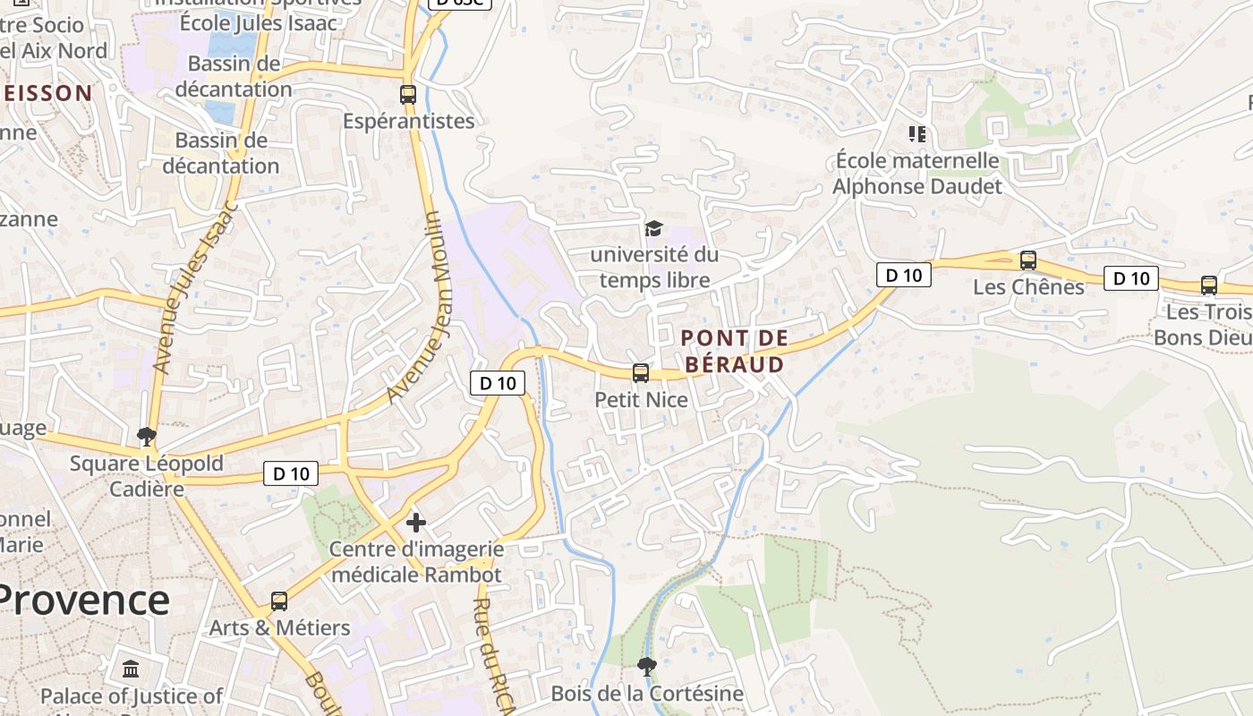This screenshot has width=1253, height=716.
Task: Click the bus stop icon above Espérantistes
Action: pyautogui.click(x=408, y=94)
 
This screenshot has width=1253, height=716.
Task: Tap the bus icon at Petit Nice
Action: pyautogui.click(x=641, y=373)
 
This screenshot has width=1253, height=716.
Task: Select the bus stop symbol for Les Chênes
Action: pyautogui.click(x=1028, y=260)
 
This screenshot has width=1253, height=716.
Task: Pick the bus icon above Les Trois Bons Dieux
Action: pyautogui.click(x=1209, y=286)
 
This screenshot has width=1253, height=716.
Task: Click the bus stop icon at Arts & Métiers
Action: pyautogui.click(x=279, y=601)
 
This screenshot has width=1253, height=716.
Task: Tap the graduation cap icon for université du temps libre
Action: pyautogui.click(x=653, y=229)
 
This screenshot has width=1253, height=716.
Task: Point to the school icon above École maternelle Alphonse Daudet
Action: pyautogui.click(x=916, y=134)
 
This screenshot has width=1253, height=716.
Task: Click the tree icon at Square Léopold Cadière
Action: pyautogui.click(x=147, y=437)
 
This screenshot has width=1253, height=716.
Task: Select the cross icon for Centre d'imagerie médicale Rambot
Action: pyautogui.click(x=416, y=522)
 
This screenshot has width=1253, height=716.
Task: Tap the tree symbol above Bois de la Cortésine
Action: pyautogui.click(x=646, y=666)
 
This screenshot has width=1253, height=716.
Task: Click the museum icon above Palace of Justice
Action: pyautogui.click(x=131, y=669)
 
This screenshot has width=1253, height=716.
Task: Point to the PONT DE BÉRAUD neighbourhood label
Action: pyautogui.click(x=734, y=351)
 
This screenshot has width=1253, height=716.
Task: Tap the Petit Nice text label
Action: pyautogui.click(x=642, y=399)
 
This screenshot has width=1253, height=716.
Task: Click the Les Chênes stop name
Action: pyautogui.click(x=1028, y=287)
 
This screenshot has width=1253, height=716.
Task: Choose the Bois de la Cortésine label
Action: pyautogui.click(x=647, y=694)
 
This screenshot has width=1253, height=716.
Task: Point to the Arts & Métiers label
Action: pyautogui.click(x=279, y=627)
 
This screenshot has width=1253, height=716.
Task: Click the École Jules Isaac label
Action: pyautogui.click(x=259, y=23)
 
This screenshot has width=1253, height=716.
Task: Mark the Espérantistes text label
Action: pyautogui.click(x=409, y=121)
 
